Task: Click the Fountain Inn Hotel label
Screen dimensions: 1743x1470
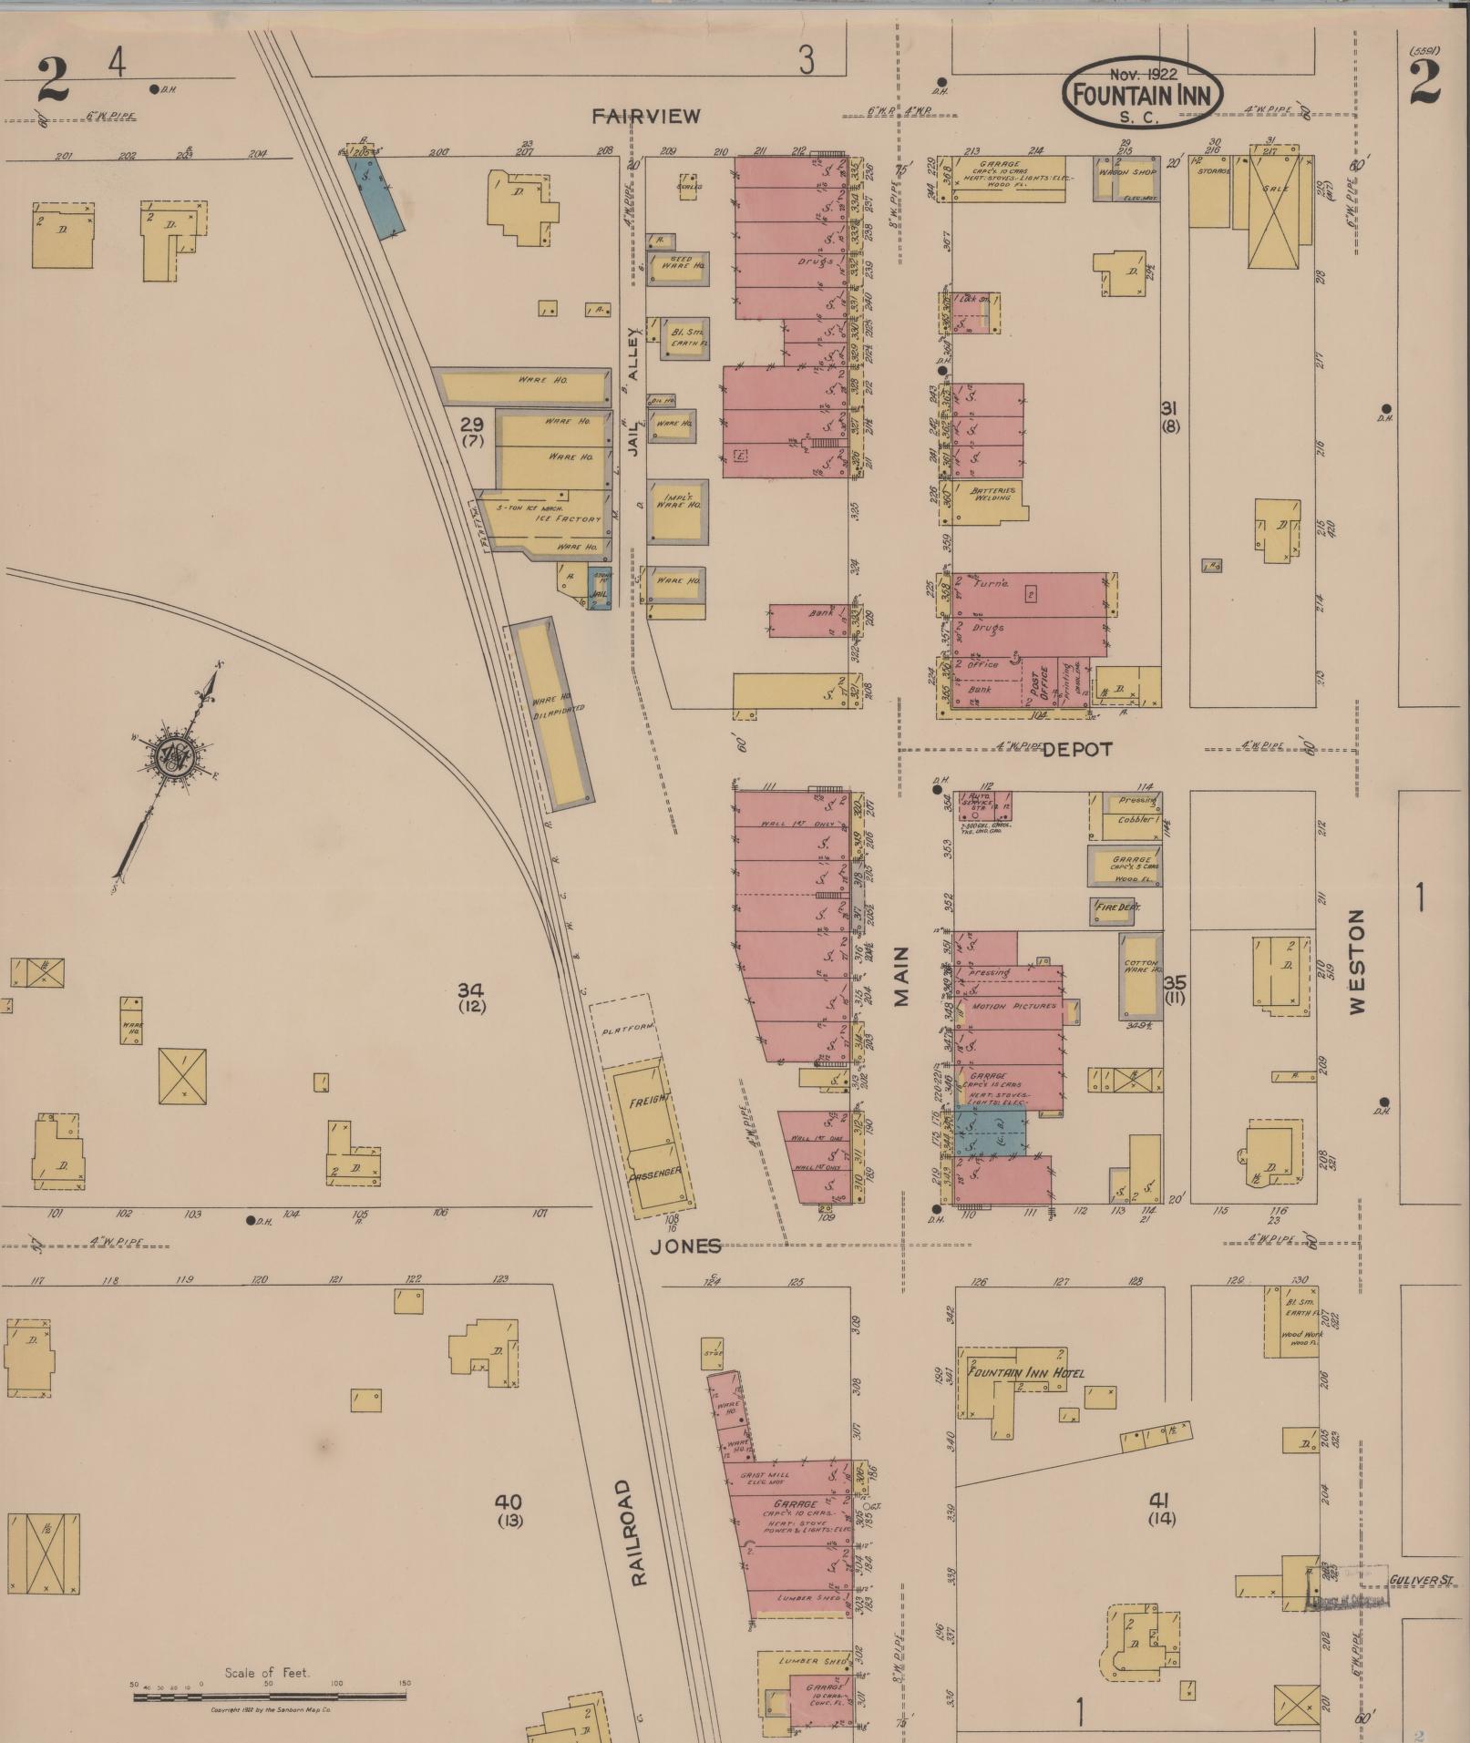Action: [1025, 1372]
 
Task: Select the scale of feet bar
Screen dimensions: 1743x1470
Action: [270, 1697]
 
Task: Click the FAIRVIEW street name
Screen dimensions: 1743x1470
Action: [646, 116]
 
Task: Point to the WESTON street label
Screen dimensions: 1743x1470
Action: [1359, 960]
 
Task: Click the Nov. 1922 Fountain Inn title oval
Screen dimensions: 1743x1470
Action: [1142, 92]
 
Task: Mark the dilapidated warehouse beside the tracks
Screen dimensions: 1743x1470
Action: [552, 713]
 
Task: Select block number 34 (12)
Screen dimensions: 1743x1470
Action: [471, 998]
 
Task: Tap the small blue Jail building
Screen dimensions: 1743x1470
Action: [599, 594]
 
